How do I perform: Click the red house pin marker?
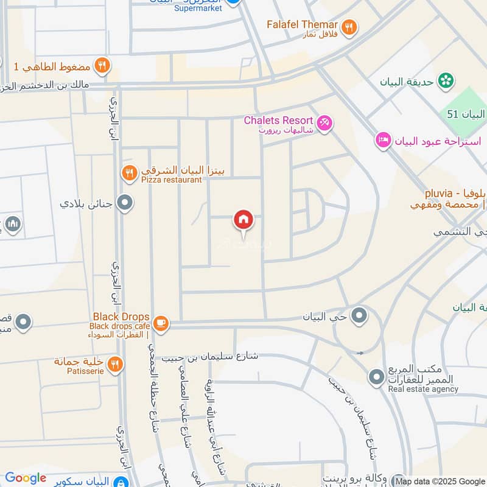click(243, 220)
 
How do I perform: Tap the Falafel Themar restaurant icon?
click(349, 27)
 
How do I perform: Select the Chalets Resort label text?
click(278, 121)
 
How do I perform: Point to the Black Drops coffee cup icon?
click(161, 323)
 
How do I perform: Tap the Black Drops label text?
click(121, 317)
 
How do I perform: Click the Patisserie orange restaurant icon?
click(114, 365)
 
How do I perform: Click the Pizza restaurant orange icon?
click(129, 173)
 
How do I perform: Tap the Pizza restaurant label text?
click(171, 180)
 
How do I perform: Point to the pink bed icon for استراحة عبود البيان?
click(383, 141)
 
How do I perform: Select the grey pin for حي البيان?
click(359, 315)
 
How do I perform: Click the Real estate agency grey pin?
click(376, 377)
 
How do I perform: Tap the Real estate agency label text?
click(423, 390)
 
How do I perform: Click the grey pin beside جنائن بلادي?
click(125, 202)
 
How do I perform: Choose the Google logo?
click(25, 478)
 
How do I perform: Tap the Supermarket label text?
click(198, 8)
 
